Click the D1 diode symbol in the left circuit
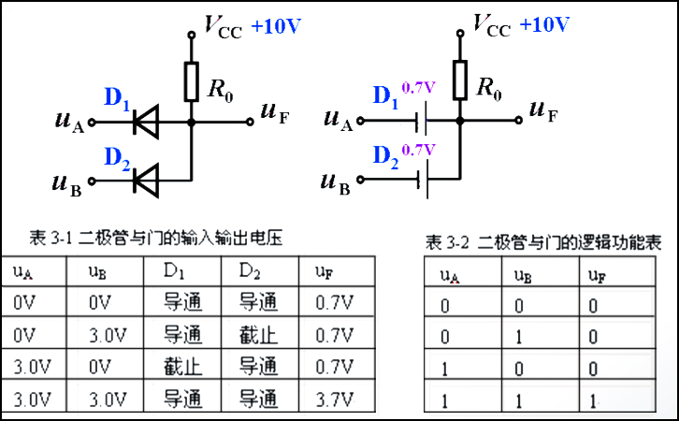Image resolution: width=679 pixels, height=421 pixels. point(146,121)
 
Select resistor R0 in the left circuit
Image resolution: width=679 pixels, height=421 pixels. point(191,82)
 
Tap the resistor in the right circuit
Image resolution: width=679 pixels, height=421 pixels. point(460,80)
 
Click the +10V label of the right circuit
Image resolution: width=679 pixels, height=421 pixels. point(544,25)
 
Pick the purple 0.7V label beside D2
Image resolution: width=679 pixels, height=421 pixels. point(418,149)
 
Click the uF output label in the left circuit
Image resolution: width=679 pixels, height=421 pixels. point(275,114)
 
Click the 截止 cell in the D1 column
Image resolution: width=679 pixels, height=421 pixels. point(182,368)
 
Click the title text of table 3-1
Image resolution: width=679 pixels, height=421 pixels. point(157,239)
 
